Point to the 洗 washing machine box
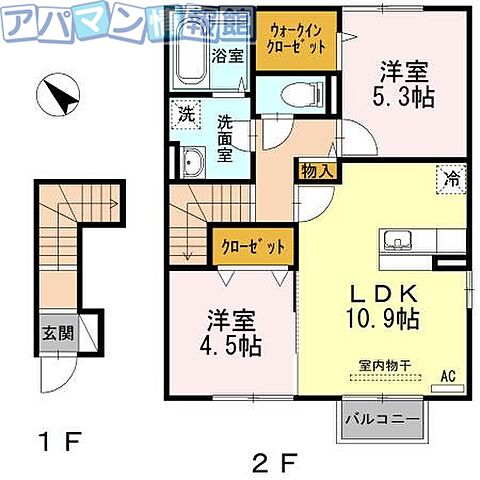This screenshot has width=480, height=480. [187, 114]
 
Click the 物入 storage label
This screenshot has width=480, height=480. [317, 171]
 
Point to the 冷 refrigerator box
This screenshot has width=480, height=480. [452, 181]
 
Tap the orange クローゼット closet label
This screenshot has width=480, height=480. [252, 246]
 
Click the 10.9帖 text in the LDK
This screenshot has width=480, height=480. [382, 319]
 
